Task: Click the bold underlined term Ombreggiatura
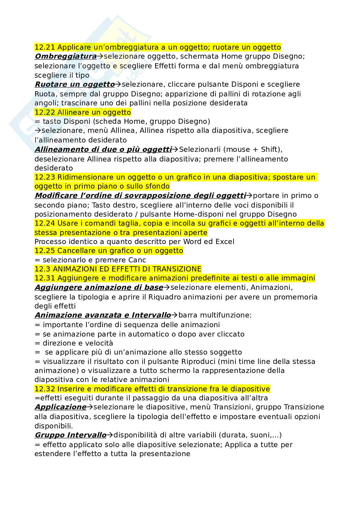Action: coord(65,56)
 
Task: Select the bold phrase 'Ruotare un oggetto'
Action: coord(75,84)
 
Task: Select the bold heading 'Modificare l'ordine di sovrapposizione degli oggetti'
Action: coord(140,196)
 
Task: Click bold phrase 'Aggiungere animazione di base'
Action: coord(99,288)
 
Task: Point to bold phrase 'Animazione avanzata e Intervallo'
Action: coord(103,315)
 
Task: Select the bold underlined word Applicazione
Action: coord(60,407)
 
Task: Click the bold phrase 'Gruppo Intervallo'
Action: coord(70,435)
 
